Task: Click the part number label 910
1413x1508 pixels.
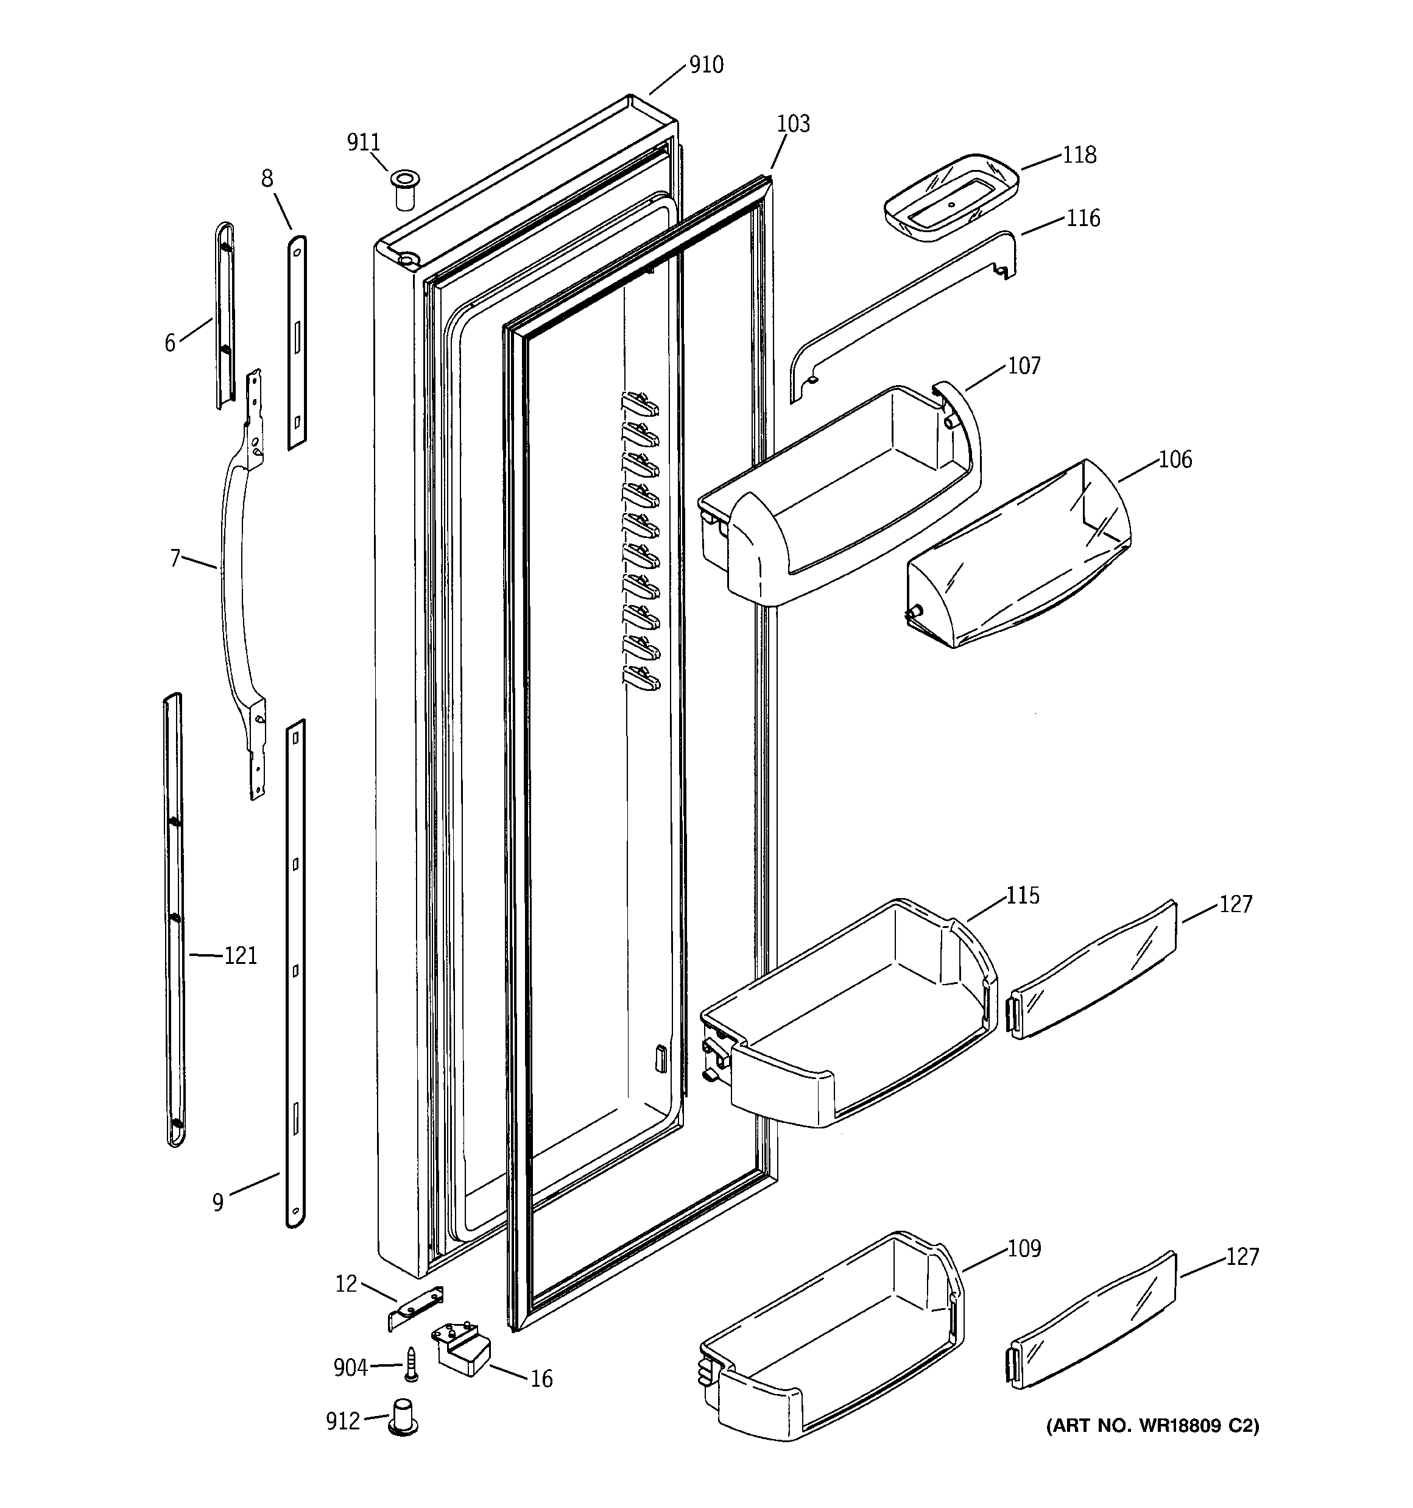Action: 705,65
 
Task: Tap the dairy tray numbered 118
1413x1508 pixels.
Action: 950,197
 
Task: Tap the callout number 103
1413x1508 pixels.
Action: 794,124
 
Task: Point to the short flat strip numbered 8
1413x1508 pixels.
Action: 297,341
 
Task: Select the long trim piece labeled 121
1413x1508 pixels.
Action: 174,918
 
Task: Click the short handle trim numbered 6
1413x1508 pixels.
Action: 225,315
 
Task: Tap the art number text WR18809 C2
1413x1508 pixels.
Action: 1152,1426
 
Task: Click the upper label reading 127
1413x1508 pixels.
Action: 1236,904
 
